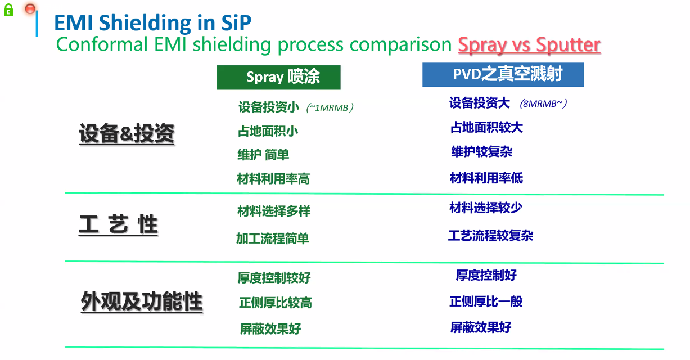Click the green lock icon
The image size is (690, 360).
[8, 10]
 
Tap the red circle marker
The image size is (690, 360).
[30, 9]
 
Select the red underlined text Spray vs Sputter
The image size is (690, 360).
[529, 45]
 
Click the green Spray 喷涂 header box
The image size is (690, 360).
[278, 78]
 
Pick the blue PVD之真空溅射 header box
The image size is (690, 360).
[503, 75]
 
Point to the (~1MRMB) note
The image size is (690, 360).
[330, 108]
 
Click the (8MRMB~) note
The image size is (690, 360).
[543, 103]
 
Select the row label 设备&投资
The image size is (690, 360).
[127, 133]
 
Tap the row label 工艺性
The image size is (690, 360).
[118, 224]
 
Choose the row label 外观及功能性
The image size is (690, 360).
[141, 301]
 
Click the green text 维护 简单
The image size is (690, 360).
[263, 155]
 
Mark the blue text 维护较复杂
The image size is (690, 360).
[481, 152]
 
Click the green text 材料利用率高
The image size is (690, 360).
[273, 179]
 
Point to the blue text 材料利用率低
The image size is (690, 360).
[486, 178]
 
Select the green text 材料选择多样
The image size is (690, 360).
[274, 211]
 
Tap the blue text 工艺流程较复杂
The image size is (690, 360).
[491, 236]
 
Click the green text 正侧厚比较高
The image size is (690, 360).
[276, 303]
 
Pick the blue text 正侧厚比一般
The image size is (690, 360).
[486, 301]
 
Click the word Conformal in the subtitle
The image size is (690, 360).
[102, 44]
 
